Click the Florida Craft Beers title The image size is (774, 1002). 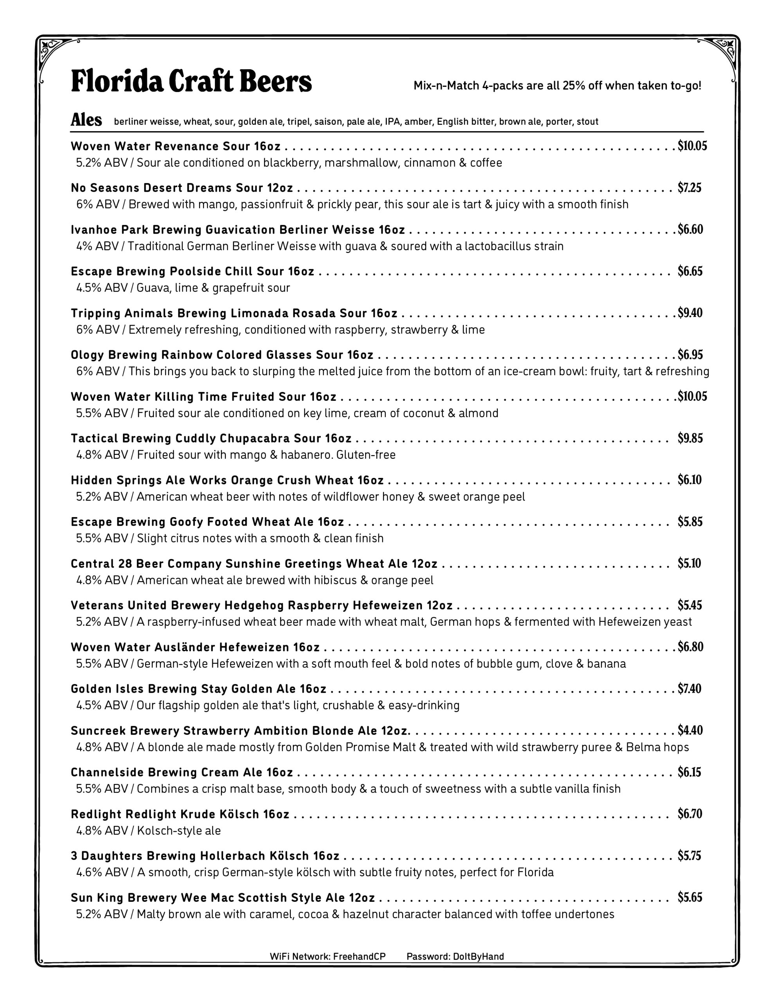pyautogui.click(x=191, y=82)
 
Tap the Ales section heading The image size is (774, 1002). pyautogui.click(x=86, y=120)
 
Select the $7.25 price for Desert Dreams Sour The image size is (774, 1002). pyautogui.click(x=689, y=187)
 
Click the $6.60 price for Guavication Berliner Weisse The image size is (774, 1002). pyautogui.click(x=691, y=229)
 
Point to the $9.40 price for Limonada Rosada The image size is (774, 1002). pyautogui.click(x=691, y=313)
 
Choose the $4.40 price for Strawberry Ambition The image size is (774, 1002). pyautogui.click(x=691, y=730)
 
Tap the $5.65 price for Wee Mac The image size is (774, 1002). pyautogui.click(x=690, y=897)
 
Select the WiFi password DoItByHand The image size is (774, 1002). pyautogui.click(x=478, y=957)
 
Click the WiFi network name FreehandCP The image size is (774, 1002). pyautogui.click(x=359, y=957)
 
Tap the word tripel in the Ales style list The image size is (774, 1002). pyautogui.click(x=298, y=122)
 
